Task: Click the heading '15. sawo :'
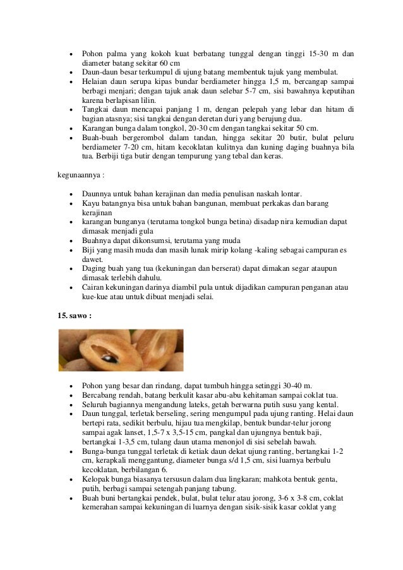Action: [x=75, y=314]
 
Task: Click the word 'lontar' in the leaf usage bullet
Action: [x=289, y=193]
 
